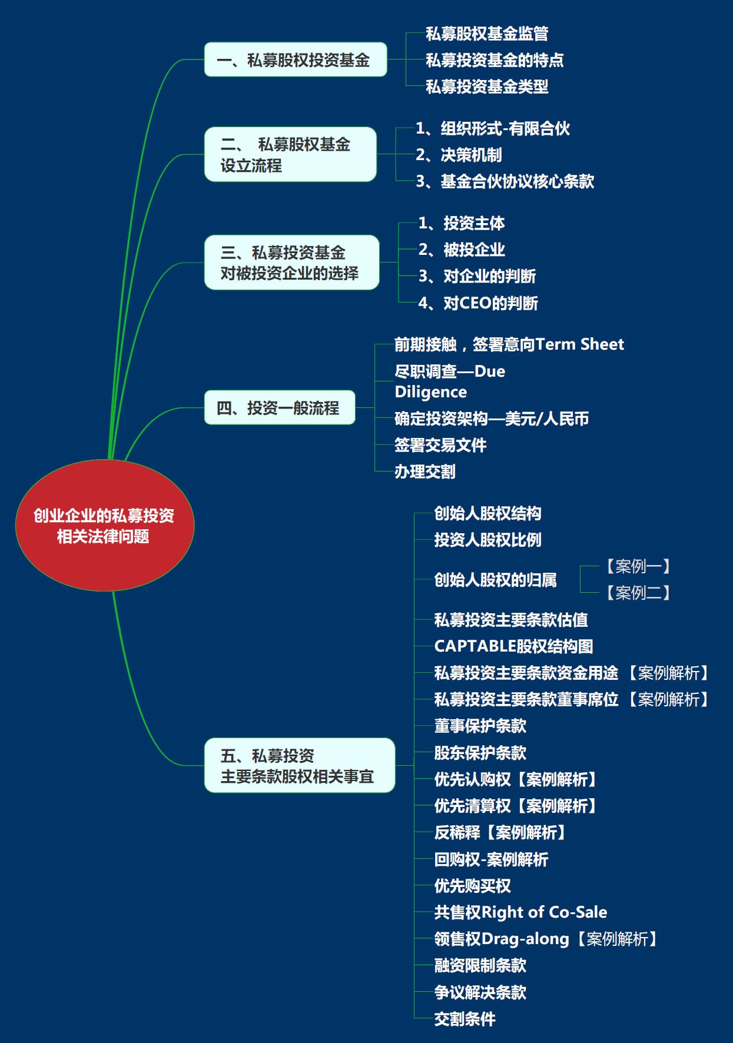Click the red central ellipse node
tap(105, 525)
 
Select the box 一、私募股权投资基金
tap(296, 59)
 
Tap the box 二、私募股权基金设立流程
tap(290, 154)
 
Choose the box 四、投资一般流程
tap(280, 407)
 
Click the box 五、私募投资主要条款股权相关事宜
tap(300, 765)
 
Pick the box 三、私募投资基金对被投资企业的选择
tap(292, 263)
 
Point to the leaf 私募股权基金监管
tap(487, 34)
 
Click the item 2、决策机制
tap(459, 155)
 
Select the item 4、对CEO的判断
tap(478, 303)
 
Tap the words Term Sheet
tap(580, 344)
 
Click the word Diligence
tap(431, 392)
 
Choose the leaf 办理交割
tap(425, 471)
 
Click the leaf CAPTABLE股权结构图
tap(513, 646)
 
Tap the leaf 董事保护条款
tap(480, 726)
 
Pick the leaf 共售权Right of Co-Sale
tap(520, 912)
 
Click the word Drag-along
tap(526, 939)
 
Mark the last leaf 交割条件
tap(465, 1019)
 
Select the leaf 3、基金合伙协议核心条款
tap(505, 181)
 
